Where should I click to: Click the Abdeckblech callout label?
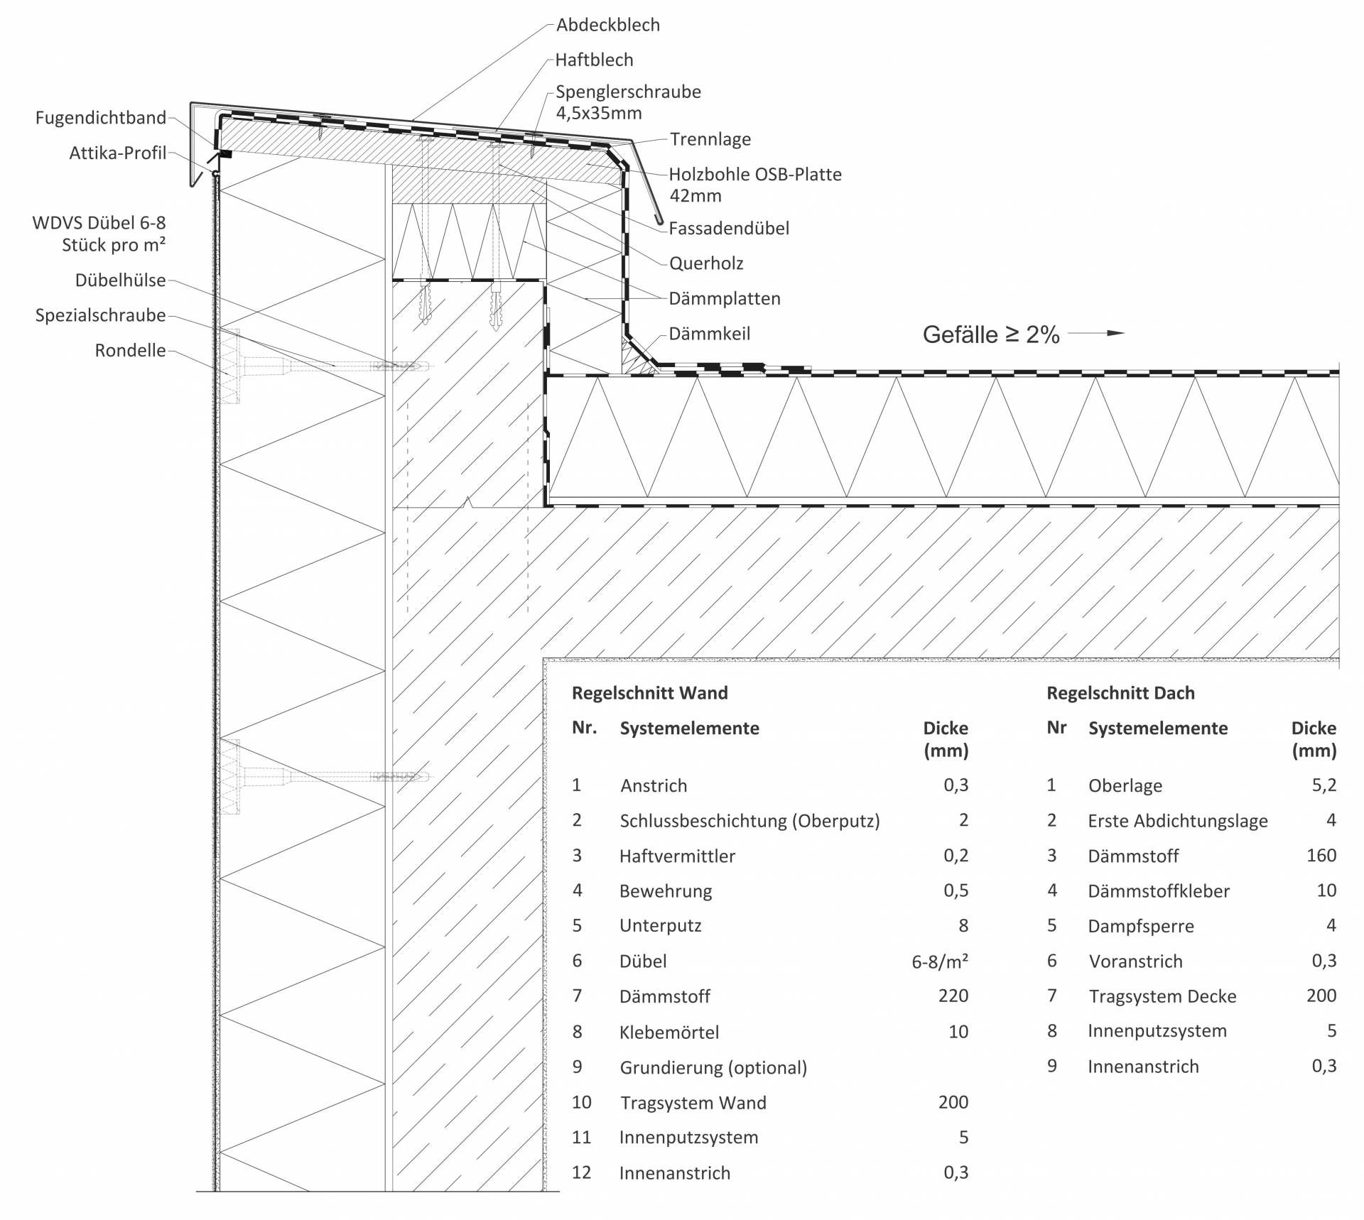point(607,25)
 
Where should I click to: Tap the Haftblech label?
point(594,60)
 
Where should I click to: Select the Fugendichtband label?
point(101,118)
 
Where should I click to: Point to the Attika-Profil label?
point(117,153)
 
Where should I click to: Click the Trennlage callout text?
point(710,140)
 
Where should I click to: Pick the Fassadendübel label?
point(729,229)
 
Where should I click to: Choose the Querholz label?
point(706,263)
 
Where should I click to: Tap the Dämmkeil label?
point(709,334)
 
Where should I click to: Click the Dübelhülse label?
point(120,281)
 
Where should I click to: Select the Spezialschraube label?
point(100,315)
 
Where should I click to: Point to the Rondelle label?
point(130,351)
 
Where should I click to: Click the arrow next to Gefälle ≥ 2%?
point(1096,333)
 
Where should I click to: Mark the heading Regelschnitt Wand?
point(649,693)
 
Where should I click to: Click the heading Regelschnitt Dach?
point(1120,693)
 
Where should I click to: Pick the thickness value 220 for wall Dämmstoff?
point(953,996)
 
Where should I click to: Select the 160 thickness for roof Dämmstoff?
point(1321,856)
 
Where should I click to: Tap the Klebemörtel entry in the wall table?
point(669,1032)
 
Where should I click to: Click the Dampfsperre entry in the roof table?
point(1140,926)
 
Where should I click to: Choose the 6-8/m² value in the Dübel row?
point(939,962)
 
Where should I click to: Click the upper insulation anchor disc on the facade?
point(230,366)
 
